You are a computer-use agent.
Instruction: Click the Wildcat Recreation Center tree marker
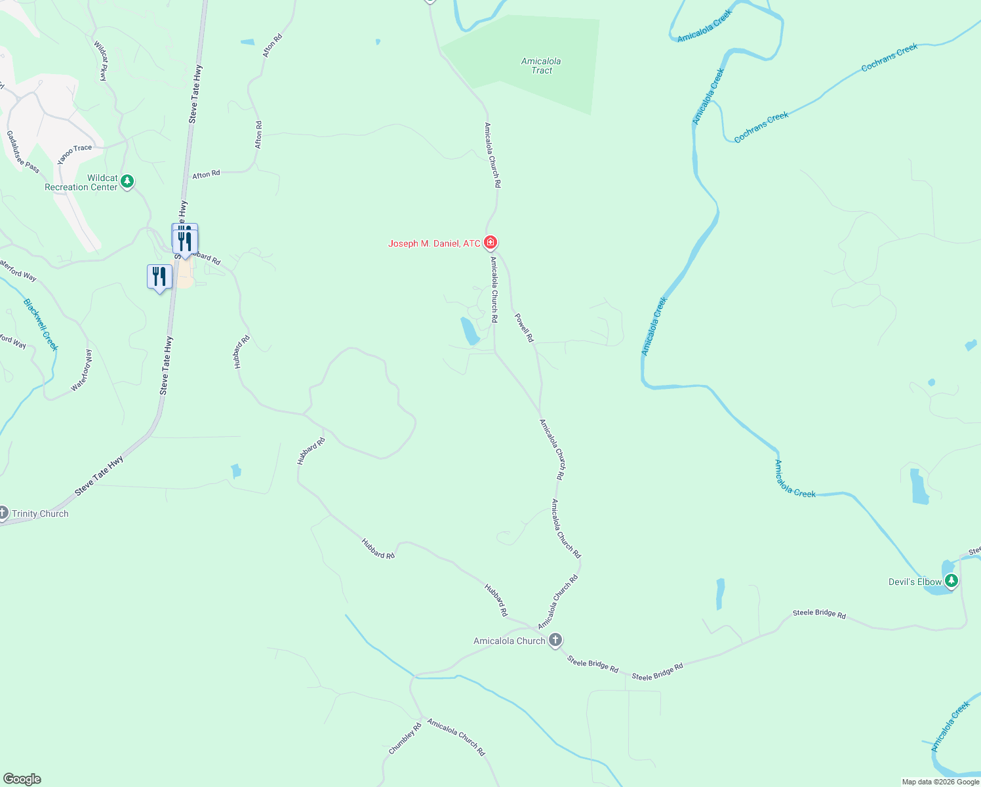[127, 181]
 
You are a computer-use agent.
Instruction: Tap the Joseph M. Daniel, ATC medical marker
[490, 243]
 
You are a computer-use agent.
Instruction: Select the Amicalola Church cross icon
[555, 640]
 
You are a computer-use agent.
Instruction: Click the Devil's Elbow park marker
[951, 580]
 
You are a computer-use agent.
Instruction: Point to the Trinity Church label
[40, 514]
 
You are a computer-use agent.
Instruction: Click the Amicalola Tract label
[541, 66]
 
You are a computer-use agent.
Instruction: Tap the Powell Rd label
[524, 328]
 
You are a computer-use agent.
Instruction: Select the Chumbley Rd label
[405, 738]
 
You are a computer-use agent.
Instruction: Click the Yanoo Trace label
[74, 154]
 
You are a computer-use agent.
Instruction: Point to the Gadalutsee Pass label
[23, 151]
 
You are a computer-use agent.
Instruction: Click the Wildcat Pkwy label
[100, 61]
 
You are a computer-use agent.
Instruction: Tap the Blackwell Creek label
[41, 325]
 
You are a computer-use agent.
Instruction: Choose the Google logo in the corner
[22, 779]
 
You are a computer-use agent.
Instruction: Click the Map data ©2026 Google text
[940, 782]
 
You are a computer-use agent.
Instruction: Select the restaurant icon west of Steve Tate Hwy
[159, 277]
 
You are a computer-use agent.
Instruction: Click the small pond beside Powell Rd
[470, 331]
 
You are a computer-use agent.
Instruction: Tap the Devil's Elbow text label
[915, 582]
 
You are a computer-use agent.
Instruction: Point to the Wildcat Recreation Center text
[81, 182]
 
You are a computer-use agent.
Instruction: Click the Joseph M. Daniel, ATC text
[434, 243]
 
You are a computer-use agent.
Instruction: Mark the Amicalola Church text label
[509, 641]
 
